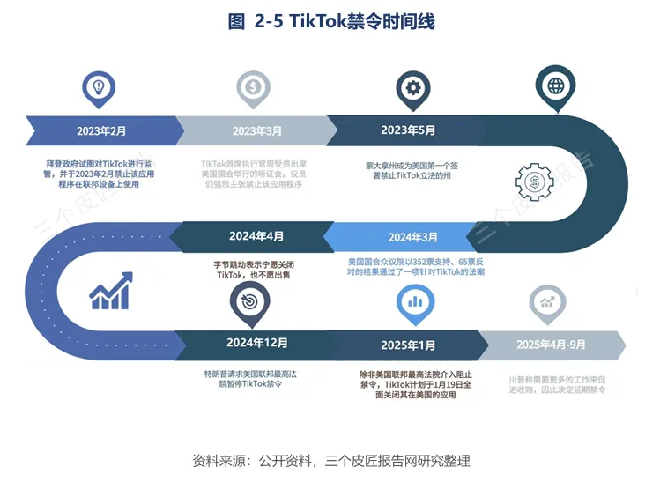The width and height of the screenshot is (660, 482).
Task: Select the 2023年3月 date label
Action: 257,130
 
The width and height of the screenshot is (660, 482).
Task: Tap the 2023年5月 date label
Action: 408,130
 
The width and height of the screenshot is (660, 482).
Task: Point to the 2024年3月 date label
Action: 412,237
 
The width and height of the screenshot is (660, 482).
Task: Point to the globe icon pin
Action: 556,86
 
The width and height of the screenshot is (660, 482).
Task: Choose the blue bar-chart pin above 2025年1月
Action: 414,300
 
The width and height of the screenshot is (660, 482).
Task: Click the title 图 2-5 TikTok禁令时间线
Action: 331,22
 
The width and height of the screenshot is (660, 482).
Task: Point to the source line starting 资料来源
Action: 331,460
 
